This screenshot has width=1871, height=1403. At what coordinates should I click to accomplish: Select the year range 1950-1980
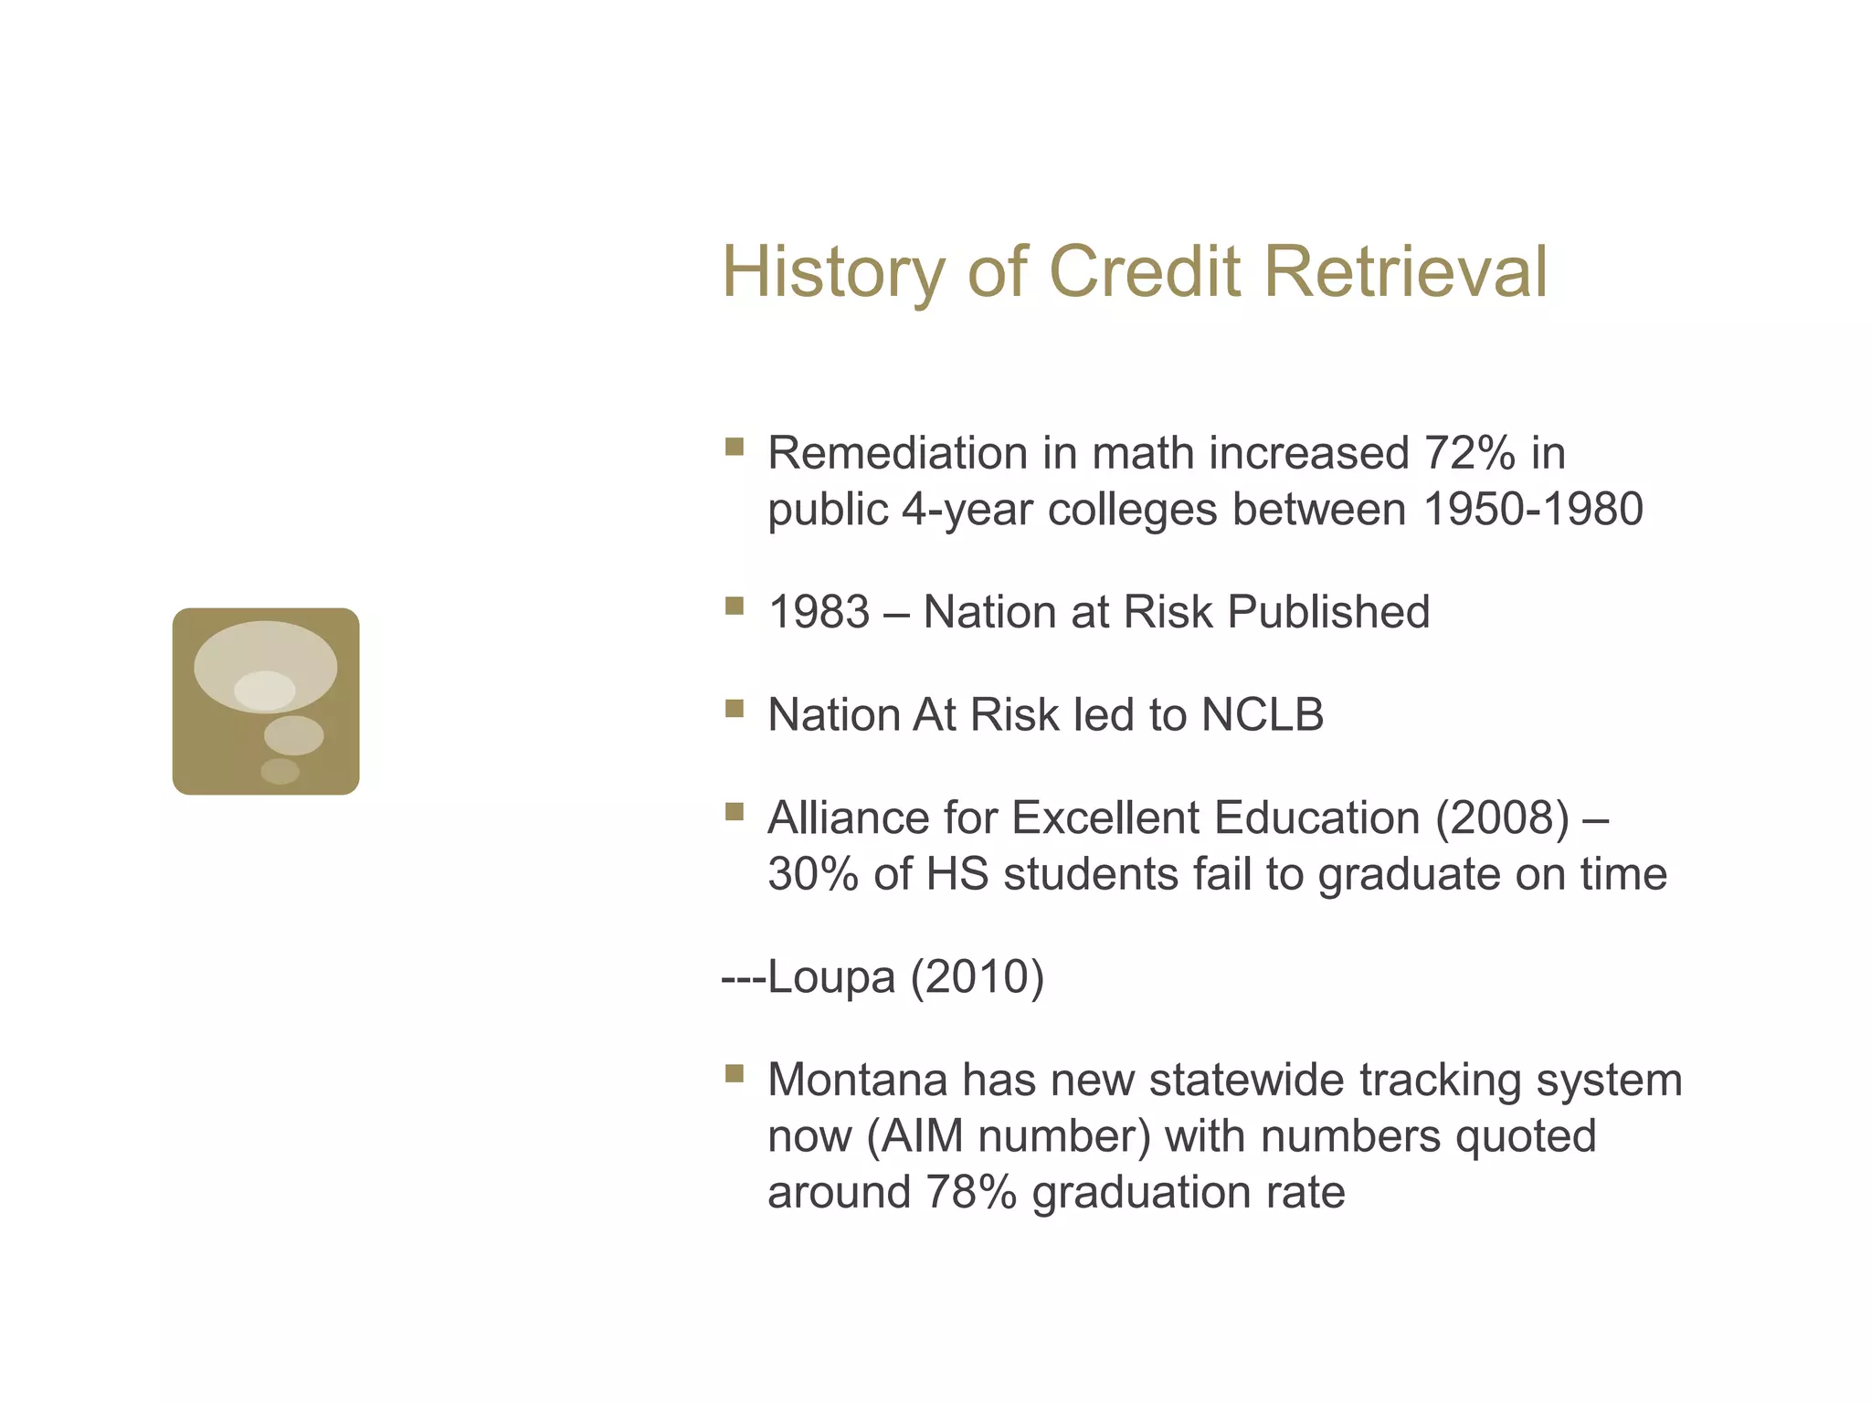(1533, 510)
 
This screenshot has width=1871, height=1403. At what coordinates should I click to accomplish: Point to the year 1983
(819, 612)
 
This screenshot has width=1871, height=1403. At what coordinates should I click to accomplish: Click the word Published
(1328, 612)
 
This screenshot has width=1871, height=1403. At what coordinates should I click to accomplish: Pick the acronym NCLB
(1262, 715)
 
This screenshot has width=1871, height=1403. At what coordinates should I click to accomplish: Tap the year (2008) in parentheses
(1502, 818)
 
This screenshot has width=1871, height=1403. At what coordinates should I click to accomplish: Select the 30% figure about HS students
(813, 874)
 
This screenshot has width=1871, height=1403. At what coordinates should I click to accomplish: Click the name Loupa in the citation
(831, 977)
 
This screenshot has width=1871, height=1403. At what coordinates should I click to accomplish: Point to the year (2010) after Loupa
(977, 977)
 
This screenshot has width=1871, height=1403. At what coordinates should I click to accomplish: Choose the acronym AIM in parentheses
(924, 1136)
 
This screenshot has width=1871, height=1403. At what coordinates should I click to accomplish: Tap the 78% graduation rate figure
(970, 1193)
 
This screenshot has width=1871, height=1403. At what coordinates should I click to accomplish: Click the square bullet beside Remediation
(734, 447)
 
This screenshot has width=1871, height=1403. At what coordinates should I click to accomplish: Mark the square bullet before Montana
(734, 1073)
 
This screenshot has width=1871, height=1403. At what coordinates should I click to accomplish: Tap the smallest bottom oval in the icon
(280, 771)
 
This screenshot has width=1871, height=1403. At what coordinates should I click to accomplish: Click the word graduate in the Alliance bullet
(1409, 874)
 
